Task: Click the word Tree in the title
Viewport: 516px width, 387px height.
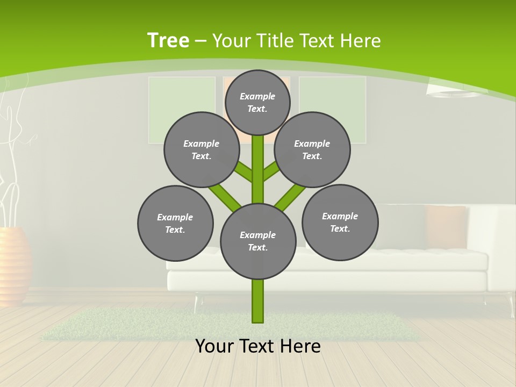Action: pyautogui.click(x=168, y=40)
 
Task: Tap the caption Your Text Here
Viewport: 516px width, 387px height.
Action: pyautogui.click(x=257, y=346)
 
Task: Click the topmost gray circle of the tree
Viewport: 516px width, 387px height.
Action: pyautogui.click(x=257, y=102)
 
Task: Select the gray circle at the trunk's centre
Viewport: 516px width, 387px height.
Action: pyautogui.click(x=258, y=241)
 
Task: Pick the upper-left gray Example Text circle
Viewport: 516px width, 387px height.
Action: pyautogui.click(x=202, y=149)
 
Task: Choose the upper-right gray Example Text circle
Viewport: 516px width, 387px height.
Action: pyautogui.click(x=312, y=149)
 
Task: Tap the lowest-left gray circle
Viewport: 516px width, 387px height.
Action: pyautogui.click(x=175, y=223)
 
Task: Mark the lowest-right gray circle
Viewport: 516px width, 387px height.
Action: pyautogui.click(x=340, y=222)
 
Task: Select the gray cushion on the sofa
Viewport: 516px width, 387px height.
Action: pyautogui.click(x=403, y=226)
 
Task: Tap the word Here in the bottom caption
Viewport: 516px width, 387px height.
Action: pyautogui.click(x=301, y=346)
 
